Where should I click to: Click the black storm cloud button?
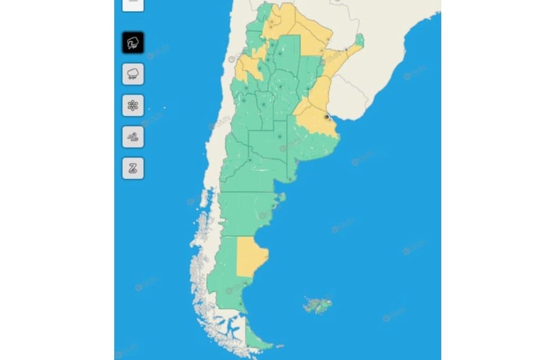(x=133, y=43)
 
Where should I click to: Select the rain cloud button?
(x=133, y=74)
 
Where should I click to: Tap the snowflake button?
(x=133, y=106)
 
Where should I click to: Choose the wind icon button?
(x=133, y=137)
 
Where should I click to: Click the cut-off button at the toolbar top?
(x=133, y=4)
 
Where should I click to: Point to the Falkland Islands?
(x=317, y=305)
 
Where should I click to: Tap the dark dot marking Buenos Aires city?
(x=327, y=116)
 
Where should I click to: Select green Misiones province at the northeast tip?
(x=359, y=41)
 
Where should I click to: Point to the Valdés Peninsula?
(x=281, y=198)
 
